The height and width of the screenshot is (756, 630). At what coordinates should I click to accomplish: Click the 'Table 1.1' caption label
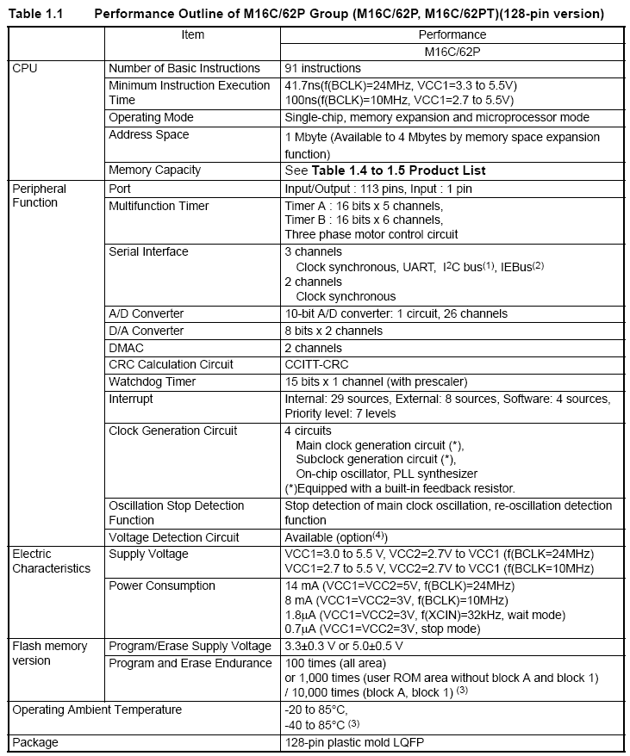pos(34,14)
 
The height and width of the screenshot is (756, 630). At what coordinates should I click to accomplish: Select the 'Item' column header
pos(193,34)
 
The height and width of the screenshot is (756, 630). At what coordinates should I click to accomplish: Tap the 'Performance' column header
pos(452,34)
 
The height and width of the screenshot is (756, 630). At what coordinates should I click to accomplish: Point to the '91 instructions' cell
pos(322,68)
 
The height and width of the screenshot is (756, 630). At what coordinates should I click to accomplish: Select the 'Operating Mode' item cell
pos(151,117)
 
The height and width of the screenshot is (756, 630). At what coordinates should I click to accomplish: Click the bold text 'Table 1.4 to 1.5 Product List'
pos(398,170)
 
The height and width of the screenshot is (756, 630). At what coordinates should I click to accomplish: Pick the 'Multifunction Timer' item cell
pos(159,206)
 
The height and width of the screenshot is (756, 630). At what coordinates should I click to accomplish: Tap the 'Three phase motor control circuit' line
pos(371,234)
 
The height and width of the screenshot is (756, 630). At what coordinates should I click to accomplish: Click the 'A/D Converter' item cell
pos(146,313)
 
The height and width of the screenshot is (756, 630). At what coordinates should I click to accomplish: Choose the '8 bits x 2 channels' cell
pos(334,331)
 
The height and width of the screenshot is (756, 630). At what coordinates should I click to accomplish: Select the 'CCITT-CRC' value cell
pos(315,364)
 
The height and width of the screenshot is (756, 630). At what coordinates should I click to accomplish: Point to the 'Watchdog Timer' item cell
pos(153,381)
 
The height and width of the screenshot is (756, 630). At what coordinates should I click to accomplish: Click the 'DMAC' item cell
pos(126,348)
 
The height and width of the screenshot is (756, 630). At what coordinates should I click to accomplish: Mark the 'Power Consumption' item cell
pos(162,586)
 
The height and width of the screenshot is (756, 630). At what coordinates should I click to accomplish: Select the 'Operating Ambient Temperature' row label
pos(97,710)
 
